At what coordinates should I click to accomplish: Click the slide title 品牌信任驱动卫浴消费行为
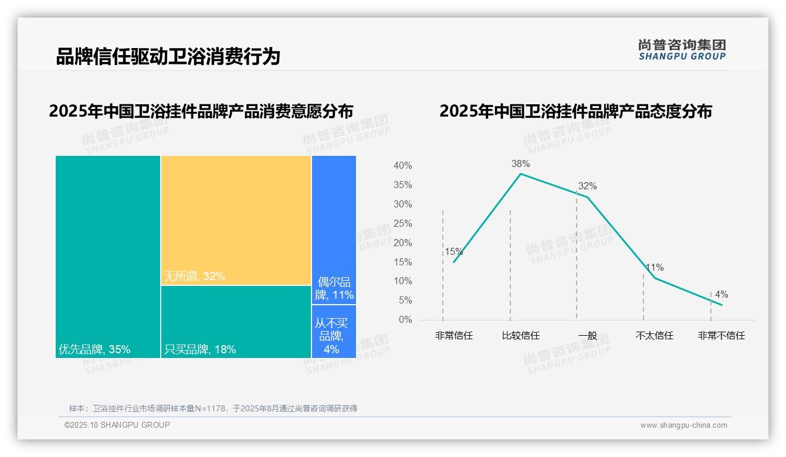pyautogui.click(x=168, y=57)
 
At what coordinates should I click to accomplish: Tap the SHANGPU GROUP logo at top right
pyautogui.click(x=682, y=50)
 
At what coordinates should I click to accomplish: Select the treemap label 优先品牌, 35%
pyautogui.click(x=94, y=350)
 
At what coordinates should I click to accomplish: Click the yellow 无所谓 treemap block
pyautogui.click(x=236, y=220)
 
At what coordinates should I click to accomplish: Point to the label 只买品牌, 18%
pyautogui.click(x=200, y=350)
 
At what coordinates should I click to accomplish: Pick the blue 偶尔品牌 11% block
pyautogui.click(x=334, y=230)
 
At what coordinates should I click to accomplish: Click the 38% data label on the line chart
pyautogui.click(x=520, y=164)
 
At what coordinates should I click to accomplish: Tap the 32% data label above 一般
pyautogui.click(x=587, y=186)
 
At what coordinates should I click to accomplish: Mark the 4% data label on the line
pyautogui.click(x=721, y=295)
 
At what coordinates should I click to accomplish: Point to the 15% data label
pyautogui.click(x=453, y=252)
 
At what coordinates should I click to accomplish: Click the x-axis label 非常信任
pyautogui.click(x=453, y=336)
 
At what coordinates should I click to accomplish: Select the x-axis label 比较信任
pyautogui.click(x=520, y=336)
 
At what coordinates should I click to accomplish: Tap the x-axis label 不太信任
pyautogui.click(x=654, y=336)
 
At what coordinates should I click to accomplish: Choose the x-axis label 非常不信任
pyautogui.click(x=721, y=336)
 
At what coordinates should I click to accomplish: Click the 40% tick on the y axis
pyautogui.click(x=402, y=166)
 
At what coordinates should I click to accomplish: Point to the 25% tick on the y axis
pyautogui.click(x=402, y=224)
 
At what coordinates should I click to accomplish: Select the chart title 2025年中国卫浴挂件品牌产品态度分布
pyautogui.click(x=575, y=111)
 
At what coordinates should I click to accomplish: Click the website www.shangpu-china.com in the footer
pyautogui.click(x=683, y=425)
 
